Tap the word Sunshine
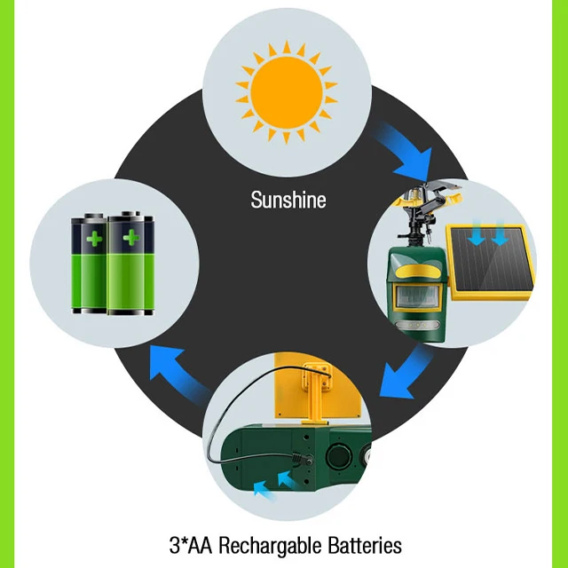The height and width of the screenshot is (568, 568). pyautogui.click(x=288, y=200)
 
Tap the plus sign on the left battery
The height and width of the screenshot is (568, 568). pyautogui.click(x=93, y=237)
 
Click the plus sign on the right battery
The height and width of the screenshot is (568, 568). pyautogui.click(x=131, y=237)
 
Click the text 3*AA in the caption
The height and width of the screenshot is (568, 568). pyautogui.click(x=189, y=544)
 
